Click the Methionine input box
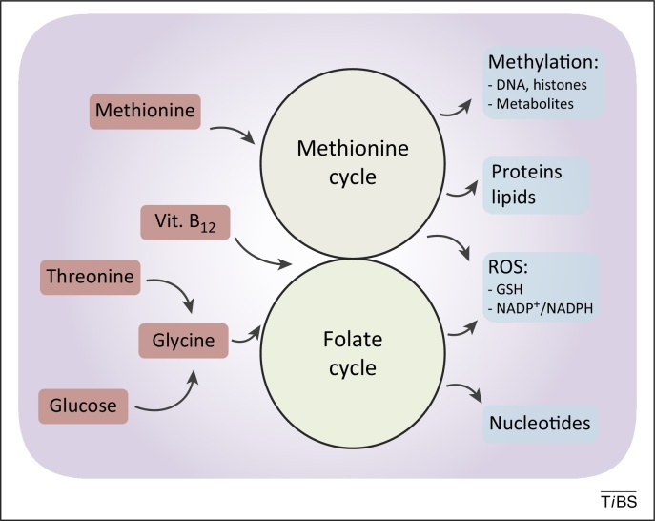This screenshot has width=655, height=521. pyautogui.click(x=145, y=112)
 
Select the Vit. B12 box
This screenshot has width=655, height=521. pyautogui.click(x=185, y=222)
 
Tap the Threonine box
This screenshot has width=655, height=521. pyautogui.click(x=91, y=278)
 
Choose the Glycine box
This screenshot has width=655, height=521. pyautogui.click(x=183, y=341)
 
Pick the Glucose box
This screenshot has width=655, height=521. pyautogui.click(x=83, y=406)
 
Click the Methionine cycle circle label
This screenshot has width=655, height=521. pyautogui.click(x=353, y=162)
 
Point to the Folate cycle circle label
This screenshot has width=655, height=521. pyautogui.click(x=353, y=353)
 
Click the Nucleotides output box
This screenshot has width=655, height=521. pyautogui.click(x=541, y=423)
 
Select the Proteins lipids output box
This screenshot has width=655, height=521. pyautogui.click(x=536, y=185)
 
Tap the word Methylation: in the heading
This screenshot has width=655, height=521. pyautogui.click(x=543, y=62)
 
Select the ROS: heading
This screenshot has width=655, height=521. pyautogui.click(x=508, y=267)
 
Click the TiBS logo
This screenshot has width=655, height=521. pyautogui.click(x=619, y=501)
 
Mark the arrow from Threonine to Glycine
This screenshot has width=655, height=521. pyautogui.click(x=176, y=289)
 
